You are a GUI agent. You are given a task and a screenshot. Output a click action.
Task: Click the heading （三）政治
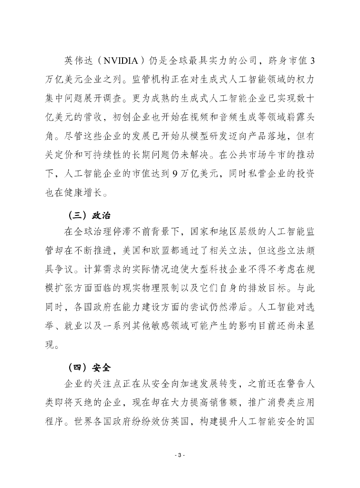point(90,214)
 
